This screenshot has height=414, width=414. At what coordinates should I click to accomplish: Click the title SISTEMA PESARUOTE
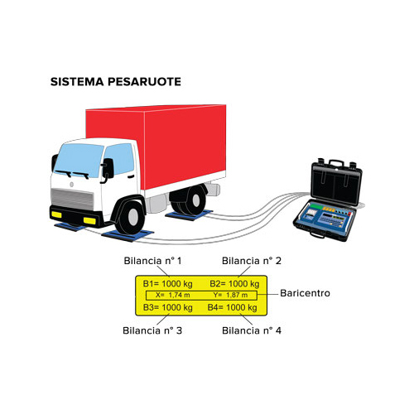click(x=116, y=82)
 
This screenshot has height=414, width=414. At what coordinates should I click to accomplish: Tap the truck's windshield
click(x=78, y=160)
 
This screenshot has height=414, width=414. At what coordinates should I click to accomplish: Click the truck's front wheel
click(x=132, y=216)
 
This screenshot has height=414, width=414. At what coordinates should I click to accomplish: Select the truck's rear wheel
click(x=191, y=200)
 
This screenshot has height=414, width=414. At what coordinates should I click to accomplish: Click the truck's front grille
click(x=73, y=199)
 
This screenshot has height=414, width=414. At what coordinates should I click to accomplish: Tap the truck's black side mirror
click(x=108, y=168)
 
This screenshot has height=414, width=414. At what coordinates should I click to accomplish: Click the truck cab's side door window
click(x=119, y=159)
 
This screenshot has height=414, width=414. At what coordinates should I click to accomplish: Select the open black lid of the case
click(x=336, y=181)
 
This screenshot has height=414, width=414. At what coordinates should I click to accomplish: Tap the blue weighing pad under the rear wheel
click(x=189, y=214)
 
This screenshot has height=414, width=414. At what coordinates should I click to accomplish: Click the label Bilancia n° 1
click(x=152, y=261)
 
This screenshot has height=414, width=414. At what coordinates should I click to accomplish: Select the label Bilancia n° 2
click(x=252, y=261)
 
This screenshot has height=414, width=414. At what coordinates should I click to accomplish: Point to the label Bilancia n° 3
click(x=152, y=330)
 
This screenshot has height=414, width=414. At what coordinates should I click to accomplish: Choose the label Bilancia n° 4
click(x=252, y=330)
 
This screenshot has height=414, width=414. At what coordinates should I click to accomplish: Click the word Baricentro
click(x=305, y=293)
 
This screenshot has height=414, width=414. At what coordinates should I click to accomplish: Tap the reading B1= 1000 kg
click(x=168, y=284)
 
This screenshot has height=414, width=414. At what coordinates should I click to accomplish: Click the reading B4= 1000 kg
click(x=233, y=307)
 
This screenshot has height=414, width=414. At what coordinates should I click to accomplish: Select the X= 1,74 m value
click(x=173, y=295)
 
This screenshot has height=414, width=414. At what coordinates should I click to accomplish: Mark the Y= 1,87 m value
click(x=230, y=295)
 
